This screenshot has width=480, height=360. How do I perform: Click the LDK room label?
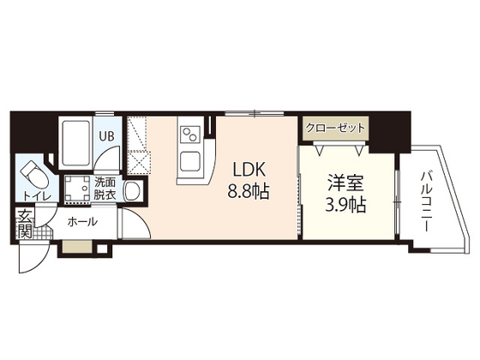tap(249, 170)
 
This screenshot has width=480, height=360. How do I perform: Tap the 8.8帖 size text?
tap(248, 192)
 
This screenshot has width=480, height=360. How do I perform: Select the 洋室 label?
tap(345, 183)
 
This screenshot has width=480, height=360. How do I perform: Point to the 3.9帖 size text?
tap(345, 205)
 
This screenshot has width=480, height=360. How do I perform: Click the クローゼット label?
tap(335, 128)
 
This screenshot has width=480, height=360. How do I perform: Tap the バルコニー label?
tap(426, 201)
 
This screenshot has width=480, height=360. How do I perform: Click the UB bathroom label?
tap(106, 136)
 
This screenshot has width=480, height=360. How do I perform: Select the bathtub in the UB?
tap(76, 143)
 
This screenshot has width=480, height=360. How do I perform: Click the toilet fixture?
tap(33, 175)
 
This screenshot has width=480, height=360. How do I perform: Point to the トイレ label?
tap(36, 196)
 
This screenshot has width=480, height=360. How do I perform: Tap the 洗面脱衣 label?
tap(105, 189)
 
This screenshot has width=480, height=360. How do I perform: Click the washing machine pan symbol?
tap(78, 189)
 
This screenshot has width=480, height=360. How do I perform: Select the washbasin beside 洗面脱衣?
tap(133, 191)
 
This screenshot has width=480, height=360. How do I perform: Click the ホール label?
tap(82, 221)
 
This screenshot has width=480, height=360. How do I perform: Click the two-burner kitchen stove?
tap(189, 135)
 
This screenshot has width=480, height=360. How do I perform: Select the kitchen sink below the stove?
tap(190, 162)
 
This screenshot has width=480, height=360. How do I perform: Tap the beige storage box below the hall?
tap(77, 247)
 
